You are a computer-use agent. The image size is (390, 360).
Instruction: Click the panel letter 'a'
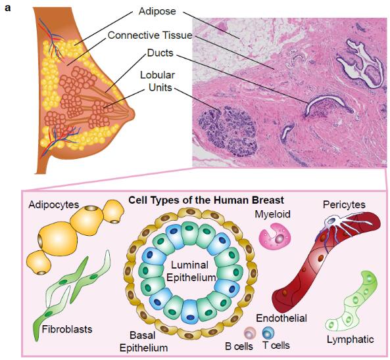point(8,8)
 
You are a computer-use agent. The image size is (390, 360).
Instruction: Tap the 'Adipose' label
point(157,11)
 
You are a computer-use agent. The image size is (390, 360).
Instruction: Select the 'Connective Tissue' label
point(150,35)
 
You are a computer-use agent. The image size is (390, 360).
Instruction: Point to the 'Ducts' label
point(160,53)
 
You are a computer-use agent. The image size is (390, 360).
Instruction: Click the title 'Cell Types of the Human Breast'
point(207,200)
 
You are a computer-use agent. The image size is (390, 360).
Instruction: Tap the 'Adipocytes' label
point(54,204)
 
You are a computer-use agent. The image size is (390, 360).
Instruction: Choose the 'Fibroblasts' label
point(67,329)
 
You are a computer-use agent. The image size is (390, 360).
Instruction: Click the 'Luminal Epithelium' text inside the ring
point(190,271)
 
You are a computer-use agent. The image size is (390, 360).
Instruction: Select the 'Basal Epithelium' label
point(143,342)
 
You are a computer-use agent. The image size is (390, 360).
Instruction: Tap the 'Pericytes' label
point(344,205)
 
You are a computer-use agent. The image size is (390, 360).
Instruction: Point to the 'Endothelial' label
point(281,318)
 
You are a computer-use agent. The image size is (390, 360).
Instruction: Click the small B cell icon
point(250,333)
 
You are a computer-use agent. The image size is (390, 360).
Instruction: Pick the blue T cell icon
point(268,333)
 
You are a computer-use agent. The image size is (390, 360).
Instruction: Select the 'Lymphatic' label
point(350,340)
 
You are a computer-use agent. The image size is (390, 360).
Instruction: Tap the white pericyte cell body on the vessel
point(332,221)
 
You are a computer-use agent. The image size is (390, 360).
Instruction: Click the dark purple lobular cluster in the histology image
point(228,131)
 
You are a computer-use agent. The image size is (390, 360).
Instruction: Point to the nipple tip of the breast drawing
point(134,115)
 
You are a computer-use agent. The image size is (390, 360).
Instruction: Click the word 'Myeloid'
point(272,214)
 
